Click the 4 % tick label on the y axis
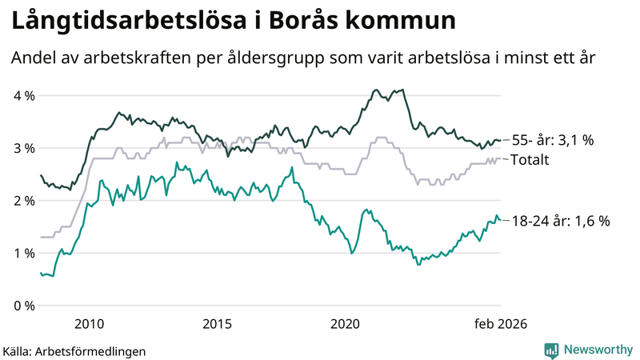pyautogui.click(x=23, y=96)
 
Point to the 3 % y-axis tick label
pyautogui.click(x=23, y=149)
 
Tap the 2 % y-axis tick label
pyautogui.click(x=23, y=201)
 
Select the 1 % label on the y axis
pyautogui.click(x=23, y=254)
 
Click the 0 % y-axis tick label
pyautogui.click(x=23, y=306)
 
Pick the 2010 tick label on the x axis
pyautogui.click(x=89, y=324)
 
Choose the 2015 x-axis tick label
pyautogui.click(x=217, y=324)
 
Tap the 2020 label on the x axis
pyautogui.click(x=346, y=324)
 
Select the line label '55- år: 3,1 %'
pyautogui.click(x=554, y=141)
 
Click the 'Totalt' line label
pyautogui.click(x=530, y=160)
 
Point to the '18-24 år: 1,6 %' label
pyautogui.click(x=561, y=221)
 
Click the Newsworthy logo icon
pyautogui.click(x=551, y=350)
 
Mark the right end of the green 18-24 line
pyautogui.click(x=501, y=220)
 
